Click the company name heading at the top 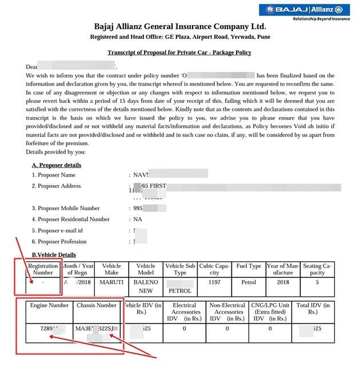(179, 27)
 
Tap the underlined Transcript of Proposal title (179, 53)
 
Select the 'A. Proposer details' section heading (60, 165)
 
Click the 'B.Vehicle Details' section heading (54, 254)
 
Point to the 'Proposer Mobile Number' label (66, 208)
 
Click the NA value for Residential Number (138, 219)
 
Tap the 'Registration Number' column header (43, 269)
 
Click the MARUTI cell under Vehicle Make (111, 282)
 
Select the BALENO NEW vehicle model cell (146, 286)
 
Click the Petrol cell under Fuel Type (248, 282)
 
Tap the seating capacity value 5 (318, 282)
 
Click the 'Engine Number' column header (50, 305)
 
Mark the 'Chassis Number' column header (98, 305)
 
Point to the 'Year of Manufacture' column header (283, 269)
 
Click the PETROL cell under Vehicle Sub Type (180, 290)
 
